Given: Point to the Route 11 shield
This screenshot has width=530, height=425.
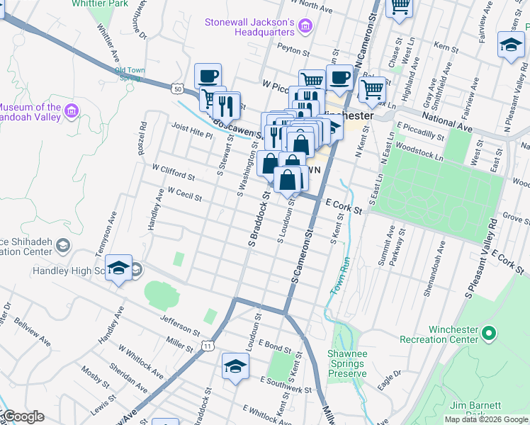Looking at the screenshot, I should pos(207,345).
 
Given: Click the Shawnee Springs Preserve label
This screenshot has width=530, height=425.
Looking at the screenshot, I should pos(347,363).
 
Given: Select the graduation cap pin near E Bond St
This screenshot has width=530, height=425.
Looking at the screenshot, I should pos(235,365).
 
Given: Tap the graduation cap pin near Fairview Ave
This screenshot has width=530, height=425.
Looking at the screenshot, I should pos(510,45).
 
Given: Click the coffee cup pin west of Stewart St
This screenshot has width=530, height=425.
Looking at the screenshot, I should pos(208,76).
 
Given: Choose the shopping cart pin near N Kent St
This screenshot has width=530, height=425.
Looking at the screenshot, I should pos(371,89).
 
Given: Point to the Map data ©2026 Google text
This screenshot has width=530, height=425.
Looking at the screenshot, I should pos(486,419).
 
